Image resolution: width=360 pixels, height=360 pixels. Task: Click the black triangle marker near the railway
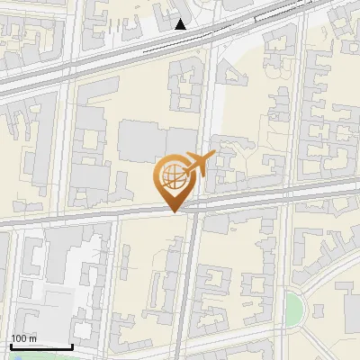tap(181, 24)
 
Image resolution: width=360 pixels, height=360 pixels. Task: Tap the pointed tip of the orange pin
tap(174, 211)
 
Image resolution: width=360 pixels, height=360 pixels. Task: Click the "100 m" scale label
tap(24, 338)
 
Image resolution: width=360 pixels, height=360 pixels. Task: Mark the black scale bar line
tap(40, 346)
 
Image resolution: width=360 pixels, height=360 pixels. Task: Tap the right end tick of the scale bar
tap(72, 345)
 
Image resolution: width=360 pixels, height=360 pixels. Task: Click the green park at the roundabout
tap(293, 309)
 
